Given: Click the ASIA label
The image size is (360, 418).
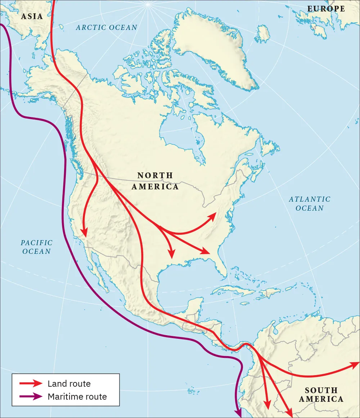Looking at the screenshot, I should [x=32, y=16].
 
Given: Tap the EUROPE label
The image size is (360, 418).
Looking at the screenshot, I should [x=326, y=9].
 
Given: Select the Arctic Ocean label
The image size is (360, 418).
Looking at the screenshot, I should [x=107, y=27].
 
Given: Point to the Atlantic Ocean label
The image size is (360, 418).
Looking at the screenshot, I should [x=310, y=203].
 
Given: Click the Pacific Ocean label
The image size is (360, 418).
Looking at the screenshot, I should [x=36, y=247].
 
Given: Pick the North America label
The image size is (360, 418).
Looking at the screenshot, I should [x=155, y=181].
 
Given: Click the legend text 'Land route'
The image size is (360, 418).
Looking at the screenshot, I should [x=69, y=384].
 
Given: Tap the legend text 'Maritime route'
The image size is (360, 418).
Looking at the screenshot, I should [x=77, y=397].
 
